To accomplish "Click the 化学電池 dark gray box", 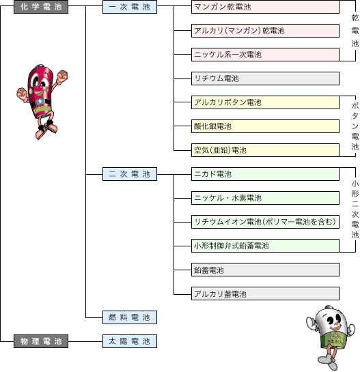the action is click(x=41, y=7).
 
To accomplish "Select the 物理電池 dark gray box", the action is click(x=41, y=341).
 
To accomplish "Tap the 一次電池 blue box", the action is click(x=130, y=7).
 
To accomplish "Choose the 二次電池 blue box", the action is click(x=130, y=174).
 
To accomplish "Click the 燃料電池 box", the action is click(x=130, y=317).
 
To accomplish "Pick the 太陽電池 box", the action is click(x=130, y=341).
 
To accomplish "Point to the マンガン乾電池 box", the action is click(x=265, y=7).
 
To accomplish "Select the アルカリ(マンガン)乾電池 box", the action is click(x=265, y=31).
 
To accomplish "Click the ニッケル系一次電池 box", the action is click(x=265, y=55).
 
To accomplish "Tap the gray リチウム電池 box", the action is click(x=265, y=78).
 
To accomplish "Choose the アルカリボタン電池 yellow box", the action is click(x=265, y=102).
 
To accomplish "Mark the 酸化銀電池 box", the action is click(x=265, y=126).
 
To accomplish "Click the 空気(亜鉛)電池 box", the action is click(x=265, y=150).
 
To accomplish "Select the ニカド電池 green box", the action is click(x=265, y=174).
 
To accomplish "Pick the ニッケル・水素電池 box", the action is click(x=265, y=198).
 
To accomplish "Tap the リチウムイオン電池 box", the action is click(x=265, y=222).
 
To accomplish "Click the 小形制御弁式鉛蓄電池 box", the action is click(x=265, y=246).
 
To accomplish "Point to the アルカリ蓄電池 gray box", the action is click(x=265, y=294).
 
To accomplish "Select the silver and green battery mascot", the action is click(x=331, y=337).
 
